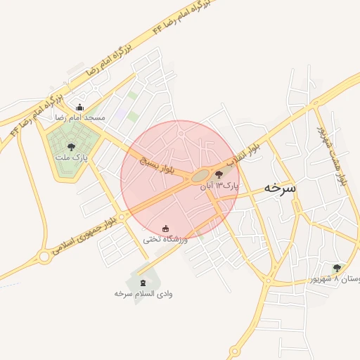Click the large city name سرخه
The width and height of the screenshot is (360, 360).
tap(280, 188)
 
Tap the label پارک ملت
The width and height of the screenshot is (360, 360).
tap(72, 158)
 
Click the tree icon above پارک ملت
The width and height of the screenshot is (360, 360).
tap(71, 147)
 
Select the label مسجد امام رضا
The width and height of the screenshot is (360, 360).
tap(79, 117)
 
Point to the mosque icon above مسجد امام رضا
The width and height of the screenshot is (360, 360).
tap(79, 108)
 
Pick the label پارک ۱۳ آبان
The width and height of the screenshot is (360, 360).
tap(219, 186)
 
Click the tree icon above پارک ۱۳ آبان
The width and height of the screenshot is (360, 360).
tap(219, 175)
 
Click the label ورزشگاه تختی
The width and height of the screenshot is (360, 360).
tap(166, 239)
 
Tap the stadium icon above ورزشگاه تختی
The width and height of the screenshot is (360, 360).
tap(166, 229)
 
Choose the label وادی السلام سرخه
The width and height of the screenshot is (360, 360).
tap(143, 293)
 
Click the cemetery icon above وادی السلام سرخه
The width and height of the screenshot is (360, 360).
tap(143, 283)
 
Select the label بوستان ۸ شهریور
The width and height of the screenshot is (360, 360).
tap(335, 279)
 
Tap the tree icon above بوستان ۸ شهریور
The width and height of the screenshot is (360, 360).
tap(337, 268)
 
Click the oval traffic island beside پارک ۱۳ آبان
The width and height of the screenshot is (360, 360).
tap(200, 176)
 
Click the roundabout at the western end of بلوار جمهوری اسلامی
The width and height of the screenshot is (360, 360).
tap(44, 257)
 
